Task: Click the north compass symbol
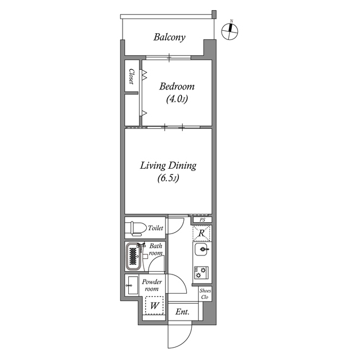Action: pos(229,31)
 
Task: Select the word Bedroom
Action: pos(177,87)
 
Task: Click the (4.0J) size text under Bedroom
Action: pos(177,100)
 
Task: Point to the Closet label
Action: pos(132,76)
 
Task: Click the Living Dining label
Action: pos(168,165)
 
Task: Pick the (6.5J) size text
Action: pos(168,179)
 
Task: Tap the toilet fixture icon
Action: pos(135,228)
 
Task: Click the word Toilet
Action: pos(155,228)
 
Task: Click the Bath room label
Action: pos(156,250)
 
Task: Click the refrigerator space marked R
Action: pos(202,232)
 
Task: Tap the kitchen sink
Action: pos(202,249)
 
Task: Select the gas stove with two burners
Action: pos(201,273)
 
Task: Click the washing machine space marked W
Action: pos(154,306)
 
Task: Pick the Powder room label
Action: pos(152,285)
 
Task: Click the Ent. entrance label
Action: pos(182,312)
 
